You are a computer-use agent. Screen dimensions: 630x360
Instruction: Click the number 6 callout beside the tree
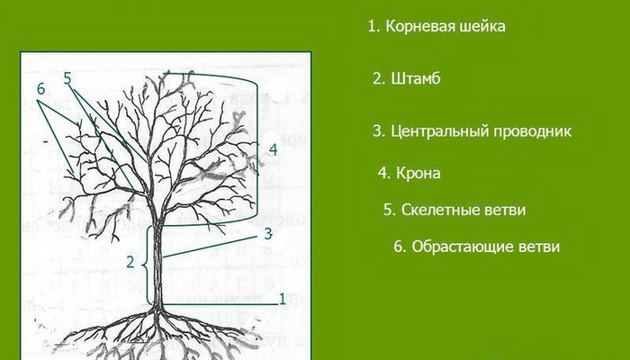(41, 89)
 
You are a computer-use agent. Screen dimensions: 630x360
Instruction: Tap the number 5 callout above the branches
(67, 78)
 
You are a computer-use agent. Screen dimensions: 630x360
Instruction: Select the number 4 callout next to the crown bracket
(273, 149)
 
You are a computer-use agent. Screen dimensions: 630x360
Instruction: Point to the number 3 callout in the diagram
(268, 234)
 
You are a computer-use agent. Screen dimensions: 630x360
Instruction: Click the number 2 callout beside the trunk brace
(130, 262)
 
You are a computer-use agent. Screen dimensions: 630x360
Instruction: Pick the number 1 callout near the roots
(282, 299)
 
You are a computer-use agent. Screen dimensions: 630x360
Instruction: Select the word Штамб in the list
(416, 78)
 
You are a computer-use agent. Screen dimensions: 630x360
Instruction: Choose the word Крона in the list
(418, 173)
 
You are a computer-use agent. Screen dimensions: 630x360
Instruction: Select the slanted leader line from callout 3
(210, 247)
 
